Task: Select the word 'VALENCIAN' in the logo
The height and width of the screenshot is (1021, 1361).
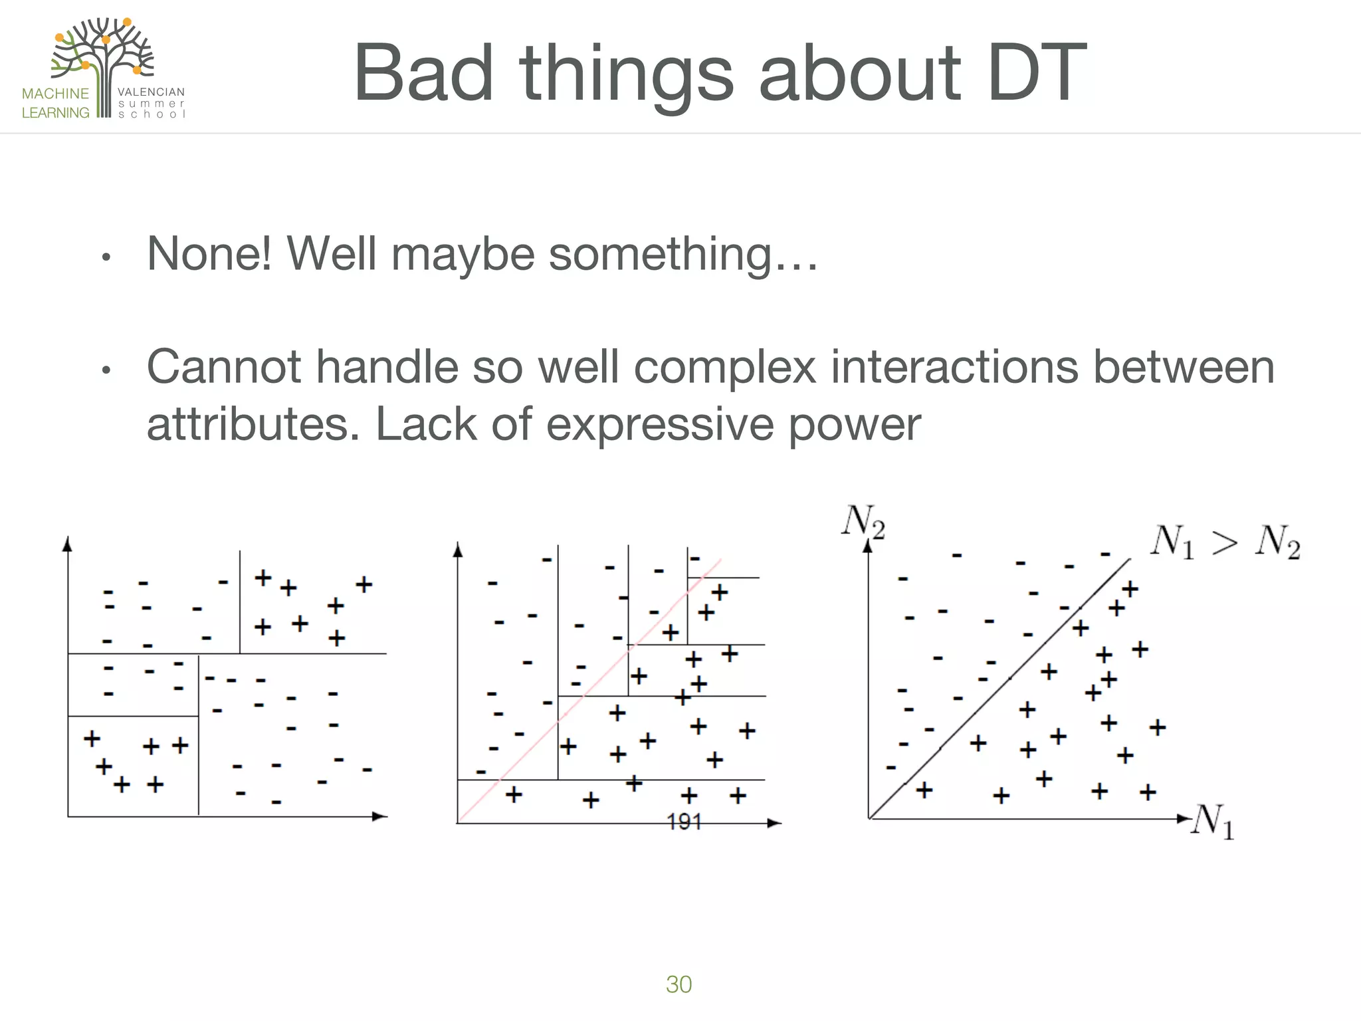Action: tap(151, 92)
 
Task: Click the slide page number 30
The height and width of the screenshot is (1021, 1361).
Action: tap(679, 984)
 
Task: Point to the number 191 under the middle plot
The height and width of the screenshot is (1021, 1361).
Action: tap(684, 822)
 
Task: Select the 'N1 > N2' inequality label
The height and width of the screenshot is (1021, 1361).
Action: tap(1225, 542)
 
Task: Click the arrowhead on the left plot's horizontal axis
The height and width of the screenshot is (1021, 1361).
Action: tap(380, 816)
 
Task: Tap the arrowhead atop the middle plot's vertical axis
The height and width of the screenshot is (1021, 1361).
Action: tap(457, 549)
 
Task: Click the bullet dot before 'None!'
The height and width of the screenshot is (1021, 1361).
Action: tap(105, 257)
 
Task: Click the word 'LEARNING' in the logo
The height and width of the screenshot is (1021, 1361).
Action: tap(55, 113)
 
